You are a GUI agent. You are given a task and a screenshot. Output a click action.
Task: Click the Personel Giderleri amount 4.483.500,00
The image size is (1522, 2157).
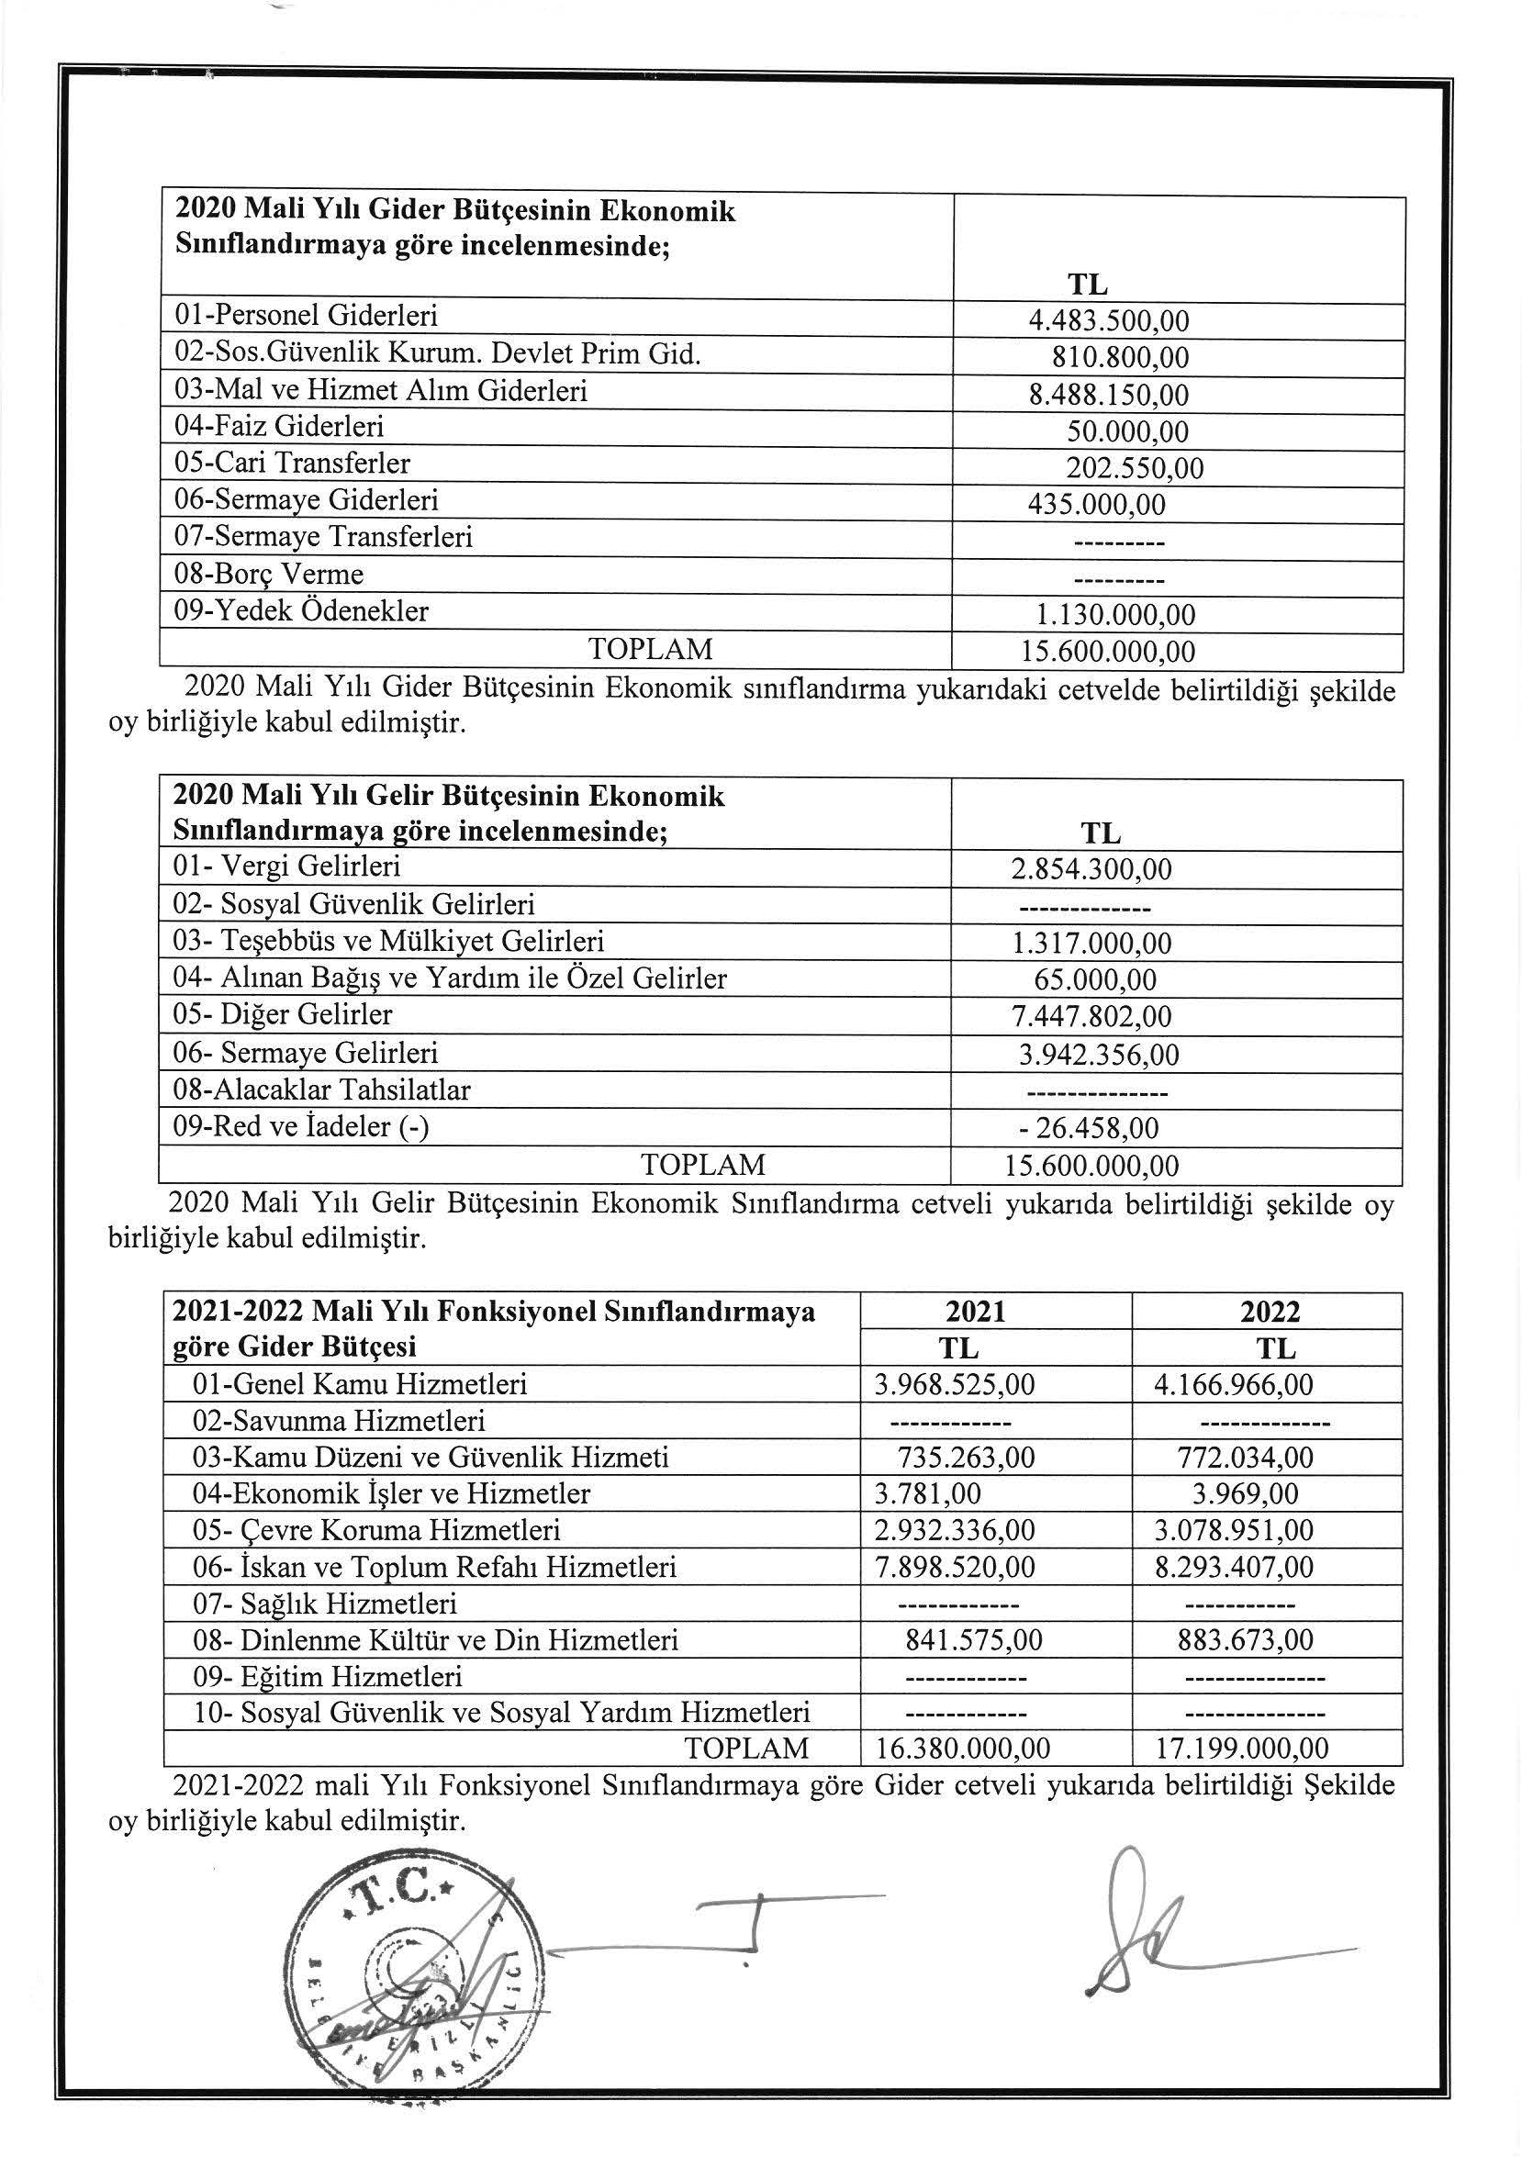1109,321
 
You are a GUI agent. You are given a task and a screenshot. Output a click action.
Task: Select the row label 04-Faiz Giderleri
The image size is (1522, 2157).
279,428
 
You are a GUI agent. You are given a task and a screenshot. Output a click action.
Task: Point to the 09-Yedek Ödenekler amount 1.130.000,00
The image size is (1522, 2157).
1114,615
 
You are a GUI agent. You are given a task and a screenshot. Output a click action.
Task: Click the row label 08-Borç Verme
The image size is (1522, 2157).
269,574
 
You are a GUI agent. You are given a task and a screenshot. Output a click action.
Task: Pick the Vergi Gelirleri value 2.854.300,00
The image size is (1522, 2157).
1091,869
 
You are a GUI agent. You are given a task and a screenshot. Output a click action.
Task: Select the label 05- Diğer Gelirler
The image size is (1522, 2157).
283,1014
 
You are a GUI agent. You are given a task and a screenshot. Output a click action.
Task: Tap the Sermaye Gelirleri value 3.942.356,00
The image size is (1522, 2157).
1098,1054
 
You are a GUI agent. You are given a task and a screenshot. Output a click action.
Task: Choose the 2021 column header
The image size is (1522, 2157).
977,1312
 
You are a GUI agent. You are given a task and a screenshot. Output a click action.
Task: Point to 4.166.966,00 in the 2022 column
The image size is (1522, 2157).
1233,1385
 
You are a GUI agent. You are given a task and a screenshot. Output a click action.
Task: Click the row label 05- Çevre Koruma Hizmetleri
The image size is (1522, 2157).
376,1530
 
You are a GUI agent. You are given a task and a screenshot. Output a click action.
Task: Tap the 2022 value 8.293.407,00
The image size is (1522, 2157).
1233,1567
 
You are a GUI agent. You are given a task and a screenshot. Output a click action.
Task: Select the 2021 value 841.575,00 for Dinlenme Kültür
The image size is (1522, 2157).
973,1640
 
